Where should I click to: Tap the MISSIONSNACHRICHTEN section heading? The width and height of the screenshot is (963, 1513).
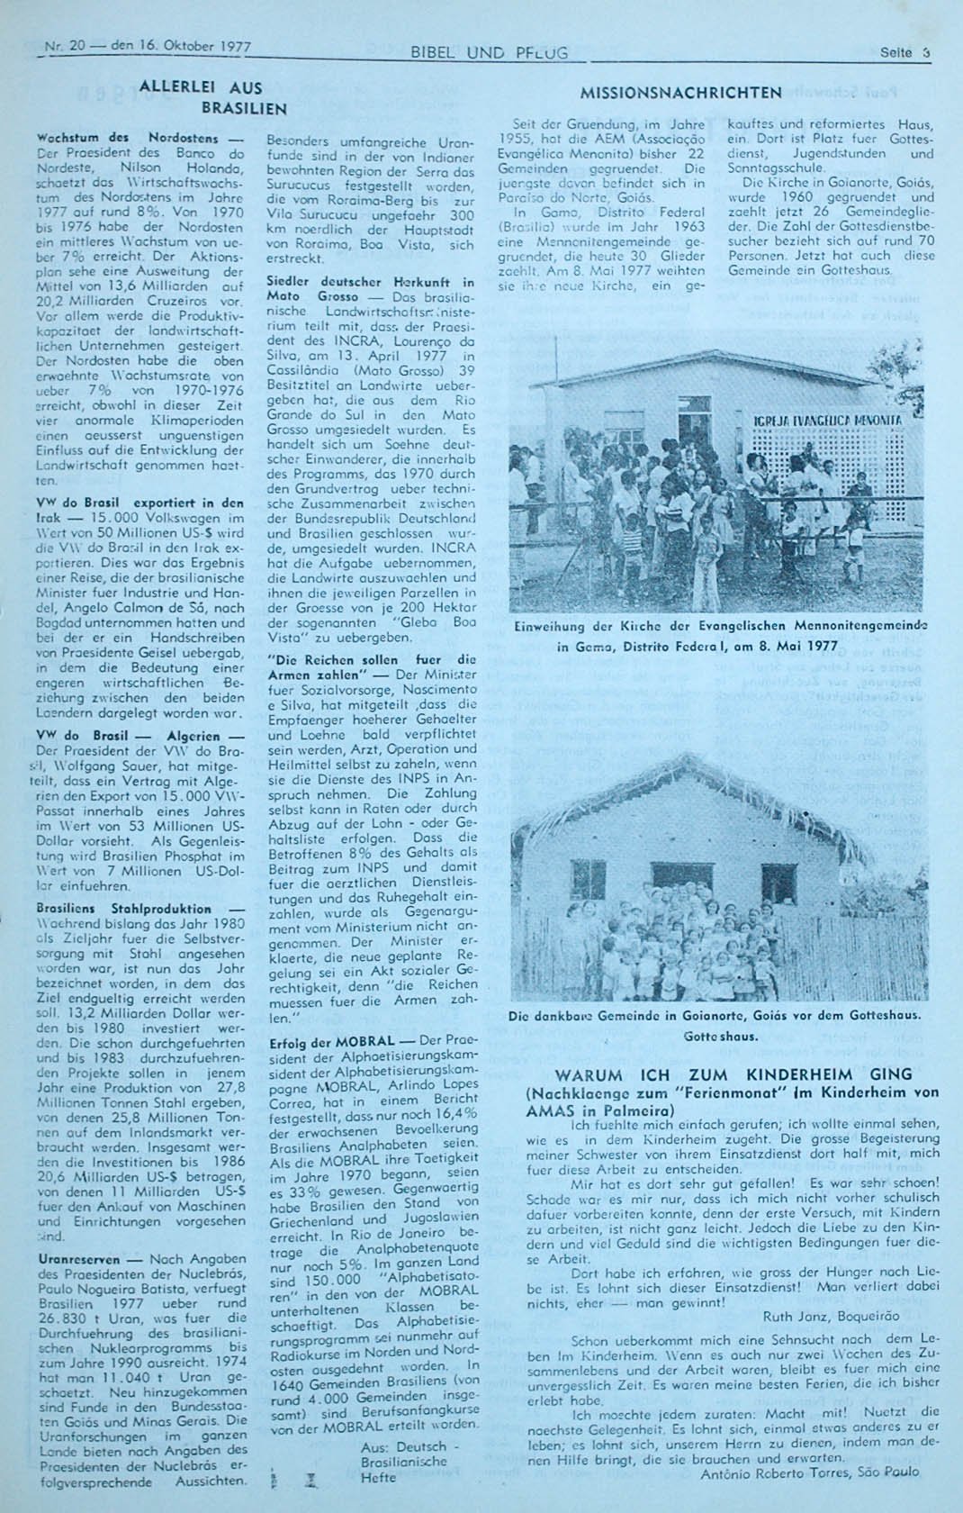click(x=680, y=92)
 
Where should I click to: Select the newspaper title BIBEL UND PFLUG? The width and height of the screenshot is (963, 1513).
click(x=489, y=53)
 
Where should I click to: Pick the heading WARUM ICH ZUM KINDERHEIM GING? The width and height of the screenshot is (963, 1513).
click(x=733, y=1074)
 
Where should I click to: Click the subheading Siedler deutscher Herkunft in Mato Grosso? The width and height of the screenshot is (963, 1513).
click(x=371, y=289)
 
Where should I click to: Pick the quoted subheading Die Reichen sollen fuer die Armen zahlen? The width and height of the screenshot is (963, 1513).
click(x=371, y=666)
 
